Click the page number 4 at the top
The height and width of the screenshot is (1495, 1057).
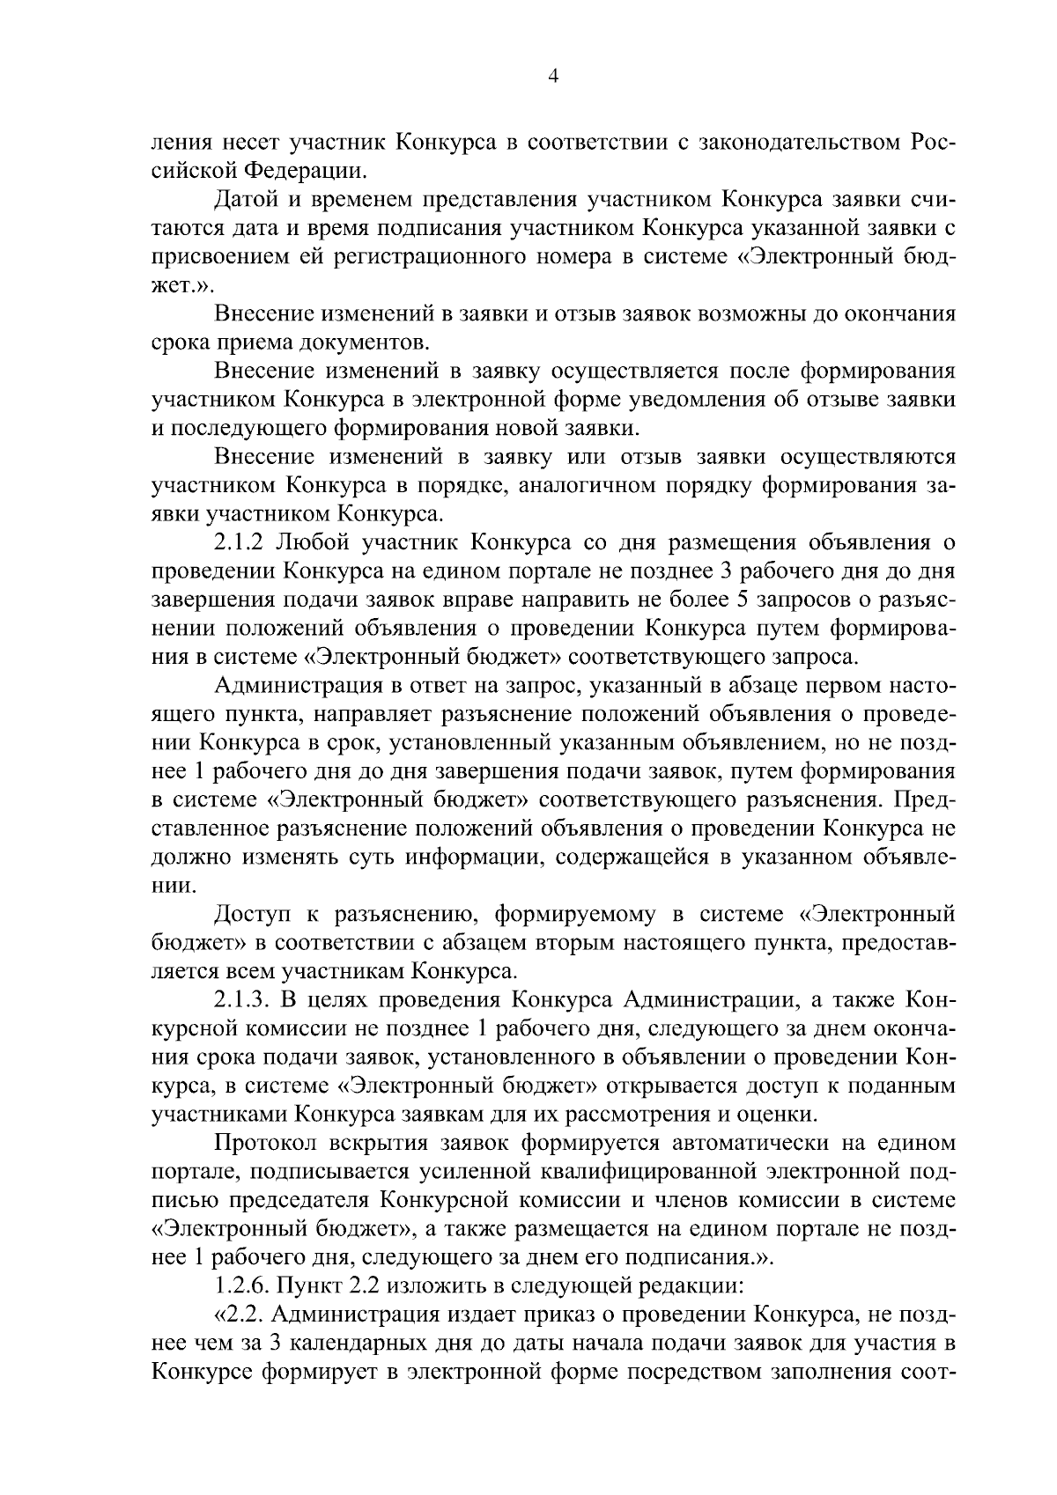(553, 77)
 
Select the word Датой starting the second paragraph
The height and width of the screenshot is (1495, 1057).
(248, 200)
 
